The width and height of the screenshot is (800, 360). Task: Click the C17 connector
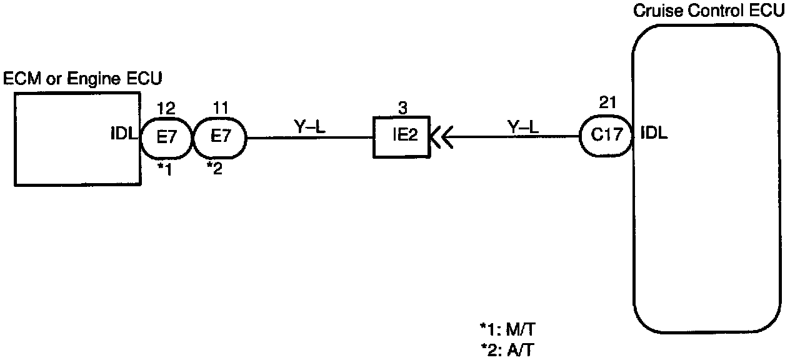point(606,136)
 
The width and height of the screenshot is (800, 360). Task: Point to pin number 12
point(166,108)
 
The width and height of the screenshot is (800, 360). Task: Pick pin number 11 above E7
point(220,108)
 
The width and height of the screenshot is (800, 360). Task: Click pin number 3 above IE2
point(403,108)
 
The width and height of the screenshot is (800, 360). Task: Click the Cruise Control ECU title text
point(709,12)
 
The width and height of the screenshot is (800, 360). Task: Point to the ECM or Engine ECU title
point(83,79)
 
